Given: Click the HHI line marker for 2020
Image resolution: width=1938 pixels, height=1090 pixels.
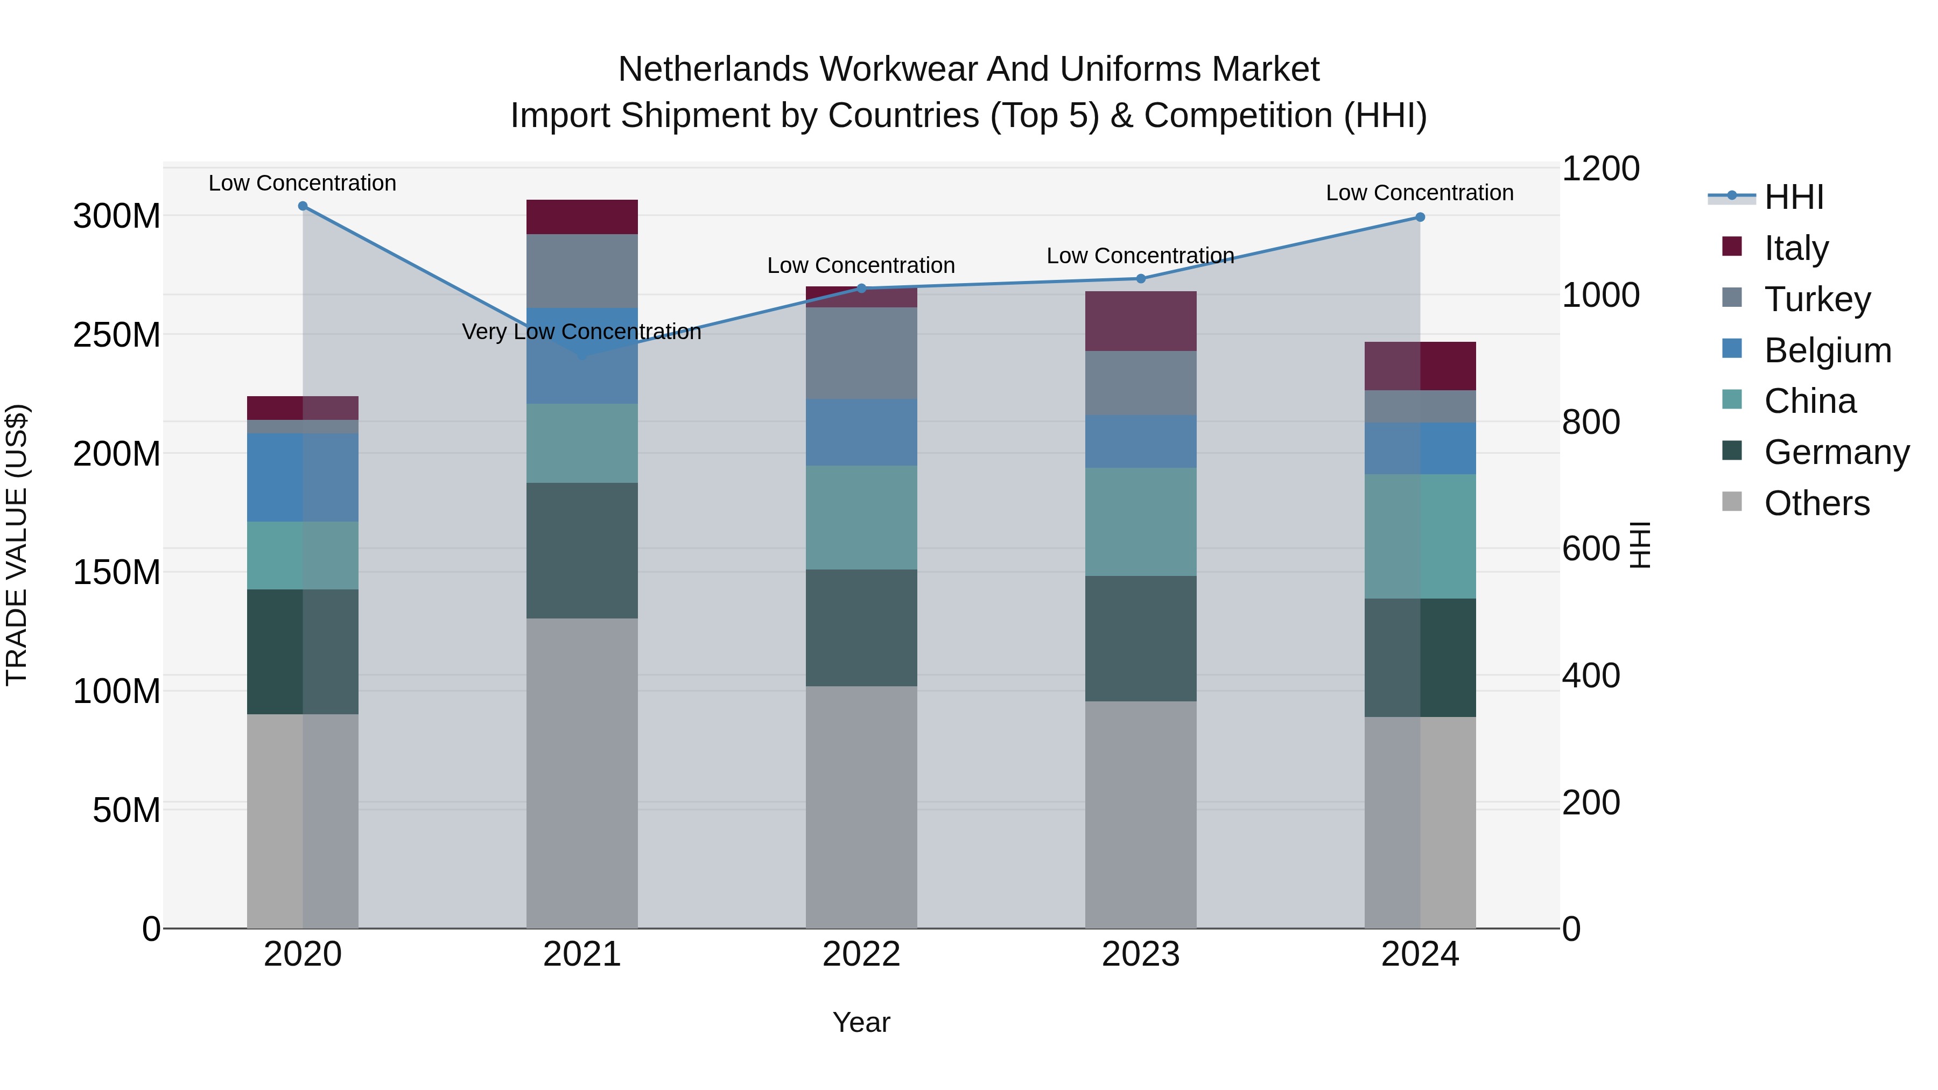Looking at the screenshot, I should pos(303,206).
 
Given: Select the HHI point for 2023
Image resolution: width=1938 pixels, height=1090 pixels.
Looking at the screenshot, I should pos(1141,279).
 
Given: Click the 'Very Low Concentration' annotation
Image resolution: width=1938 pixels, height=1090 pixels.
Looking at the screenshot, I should pos(581,332).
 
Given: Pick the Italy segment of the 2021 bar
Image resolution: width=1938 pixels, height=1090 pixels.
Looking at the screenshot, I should pos(581,216).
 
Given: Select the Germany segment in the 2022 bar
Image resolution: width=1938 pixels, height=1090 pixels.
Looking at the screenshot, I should pos(861,628).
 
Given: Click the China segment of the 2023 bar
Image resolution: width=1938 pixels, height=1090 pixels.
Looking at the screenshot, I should pos(1141,522).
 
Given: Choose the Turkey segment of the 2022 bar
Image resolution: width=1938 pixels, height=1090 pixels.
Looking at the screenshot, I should pos(861,353).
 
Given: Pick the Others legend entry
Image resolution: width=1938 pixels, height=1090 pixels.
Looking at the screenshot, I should pos(1816,503).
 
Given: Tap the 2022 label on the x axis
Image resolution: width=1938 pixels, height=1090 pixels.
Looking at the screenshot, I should pos(861,954).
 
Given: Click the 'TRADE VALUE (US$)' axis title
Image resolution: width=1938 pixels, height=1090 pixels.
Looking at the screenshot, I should pos(17,545).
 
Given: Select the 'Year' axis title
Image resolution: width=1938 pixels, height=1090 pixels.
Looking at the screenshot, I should pos(861,1022).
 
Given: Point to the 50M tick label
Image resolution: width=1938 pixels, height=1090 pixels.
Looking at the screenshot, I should pos(127,810).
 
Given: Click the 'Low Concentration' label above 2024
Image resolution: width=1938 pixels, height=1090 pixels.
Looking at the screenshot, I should pos(1419,193).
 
